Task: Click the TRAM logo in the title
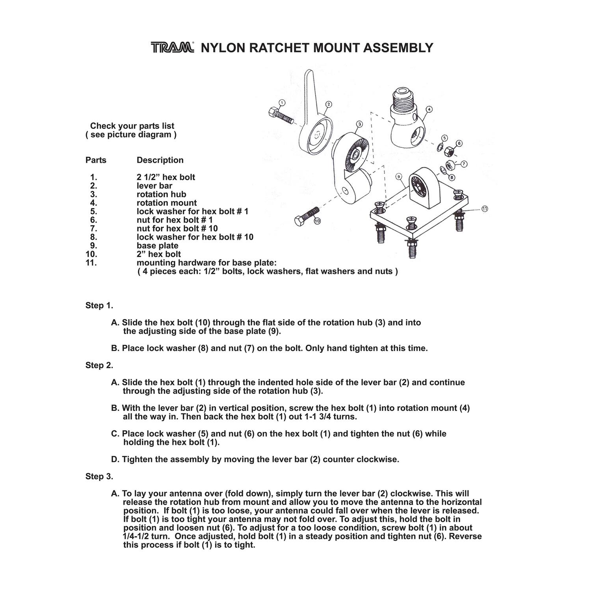pos(172,48)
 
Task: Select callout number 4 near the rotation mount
pos(429,109)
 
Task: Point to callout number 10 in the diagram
pos(317,221)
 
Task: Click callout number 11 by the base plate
pos(485,208)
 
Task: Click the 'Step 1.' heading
pos(99,306)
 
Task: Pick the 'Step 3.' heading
pos(99,476)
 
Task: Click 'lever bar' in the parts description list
pos(154,186)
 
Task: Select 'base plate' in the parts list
pos(157,245)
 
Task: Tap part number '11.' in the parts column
pos(91,263)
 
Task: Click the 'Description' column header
pos(160,160)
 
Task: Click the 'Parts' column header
pos(96,160)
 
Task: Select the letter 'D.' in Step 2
pos(115,459)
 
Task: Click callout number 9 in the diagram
pos(399,176)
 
